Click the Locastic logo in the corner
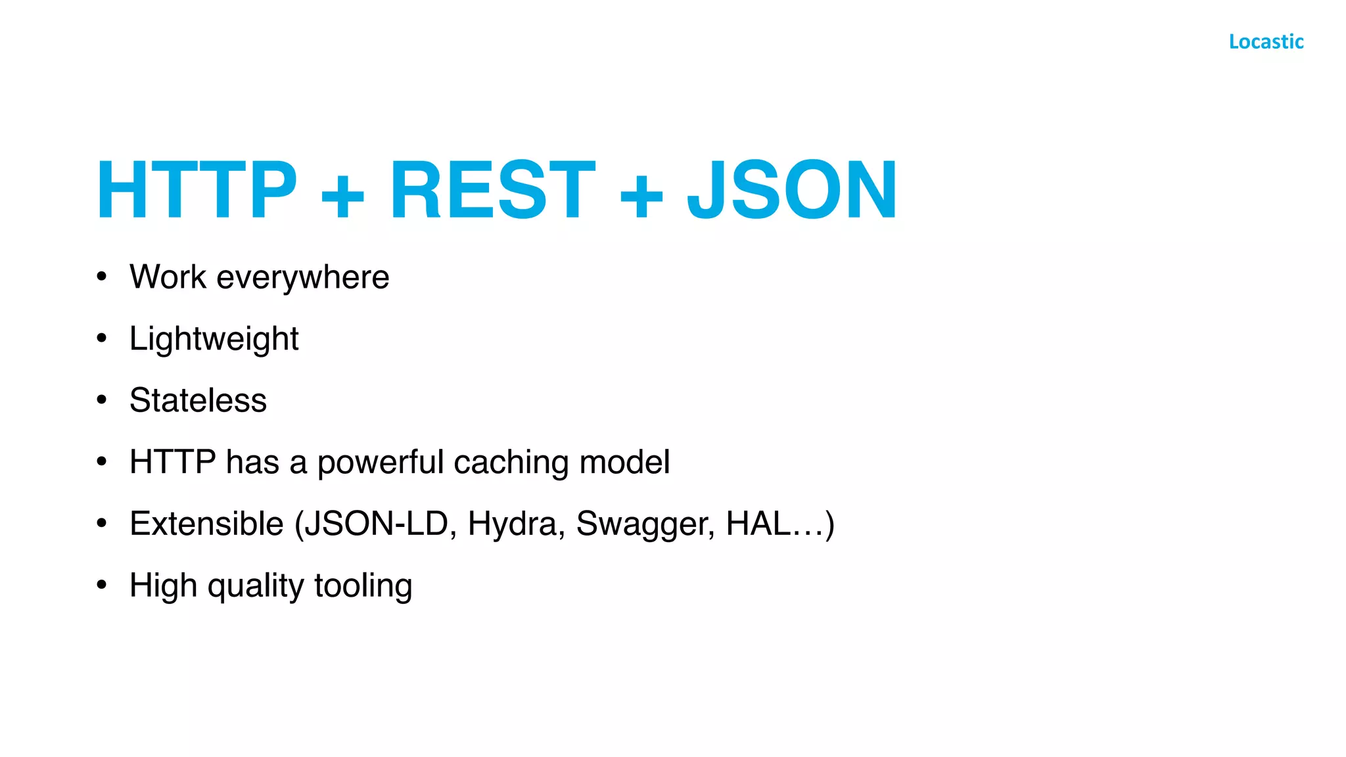coord(1266,42)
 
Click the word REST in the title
coord(493,191)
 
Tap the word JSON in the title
coord(792,191)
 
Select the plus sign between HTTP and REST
coord(342,195)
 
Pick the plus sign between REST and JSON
coord(641,195)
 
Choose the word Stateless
coord(198,401)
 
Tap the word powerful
coord(381,463)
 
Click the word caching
coord(511,463)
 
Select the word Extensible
coord(206,524)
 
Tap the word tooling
coord(363,586)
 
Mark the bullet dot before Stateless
coord(101,400)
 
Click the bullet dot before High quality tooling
coord(101,584)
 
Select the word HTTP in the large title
coord(197,191)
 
